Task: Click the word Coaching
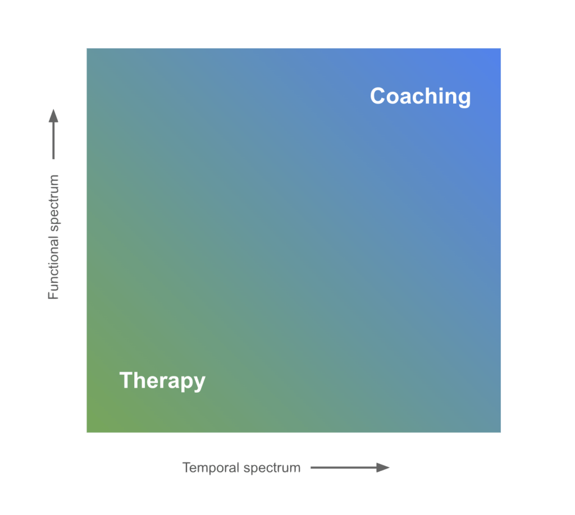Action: click(x=420, y=96)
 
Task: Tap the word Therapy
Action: click(x=162, y=381)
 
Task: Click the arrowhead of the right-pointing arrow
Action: click(x=384, y=467)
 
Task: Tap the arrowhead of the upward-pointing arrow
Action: click(x=53, y=115)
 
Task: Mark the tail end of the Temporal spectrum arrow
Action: click(x=312, y=467)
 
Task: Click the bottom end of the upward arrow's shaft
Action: click(x=53, y=158)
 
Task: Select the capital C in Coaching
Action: click(x=379, y=96)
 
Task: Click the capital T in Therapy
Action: click(x=126, y=380)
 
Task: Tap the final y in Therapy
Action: click(x=199, y=383)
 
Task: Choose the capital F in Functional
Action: click(x=53, y=294)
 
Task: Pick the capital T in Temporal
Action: click(x=186, y=467)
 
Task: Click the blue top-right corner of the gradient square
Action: click(x=499, y=50)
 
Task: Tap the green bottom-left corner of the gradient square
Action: click(x=88, y=431)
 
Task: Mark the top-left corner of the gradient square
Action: click(x=88, y=49)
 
